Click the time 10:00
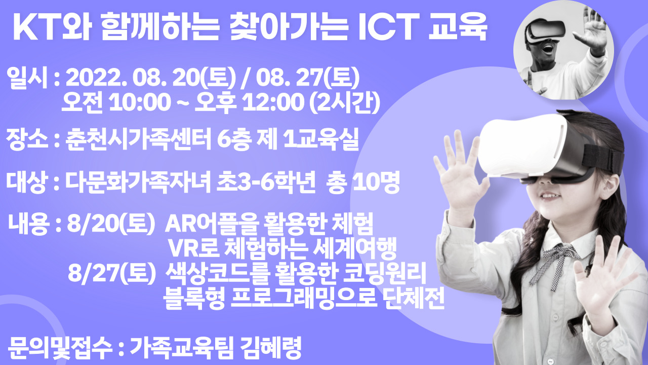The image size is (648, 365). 140,102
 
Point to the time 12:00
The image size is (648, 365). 273,102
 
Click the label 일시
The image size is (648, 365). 27,78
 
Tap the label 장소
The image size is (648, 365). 27,139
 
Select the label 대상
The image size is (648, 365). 27,182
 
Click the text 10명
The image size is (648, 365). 376,182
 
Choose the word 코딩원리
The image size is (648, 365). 385,273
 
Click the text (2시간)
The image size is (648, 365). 345,102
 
